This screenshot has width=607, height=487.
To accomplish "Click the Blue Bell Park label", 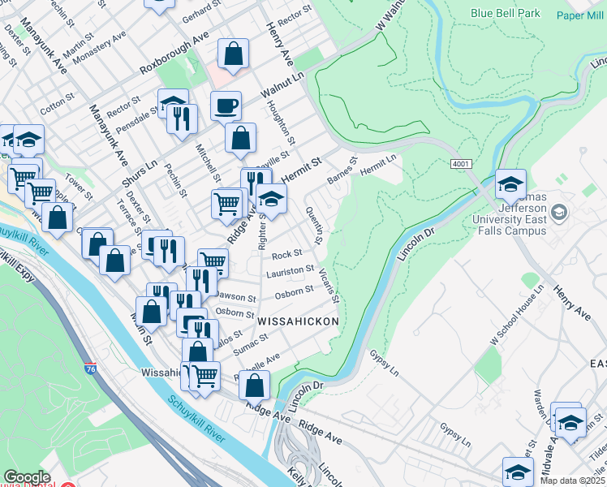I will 506,14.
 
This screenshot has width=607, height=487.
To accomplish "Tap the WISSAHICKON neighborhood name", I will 297,322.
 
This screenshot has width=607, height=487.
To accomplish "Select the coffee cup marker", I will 226,106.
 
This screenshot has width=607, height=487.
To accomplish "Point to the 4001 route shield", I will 461,164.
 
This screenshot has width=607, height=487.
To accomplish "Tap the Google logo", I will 27,477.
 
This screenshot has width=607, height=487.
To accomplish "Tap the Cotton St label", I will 57,103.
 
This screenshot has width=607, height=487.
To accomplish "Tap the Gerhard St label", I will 202,13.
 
